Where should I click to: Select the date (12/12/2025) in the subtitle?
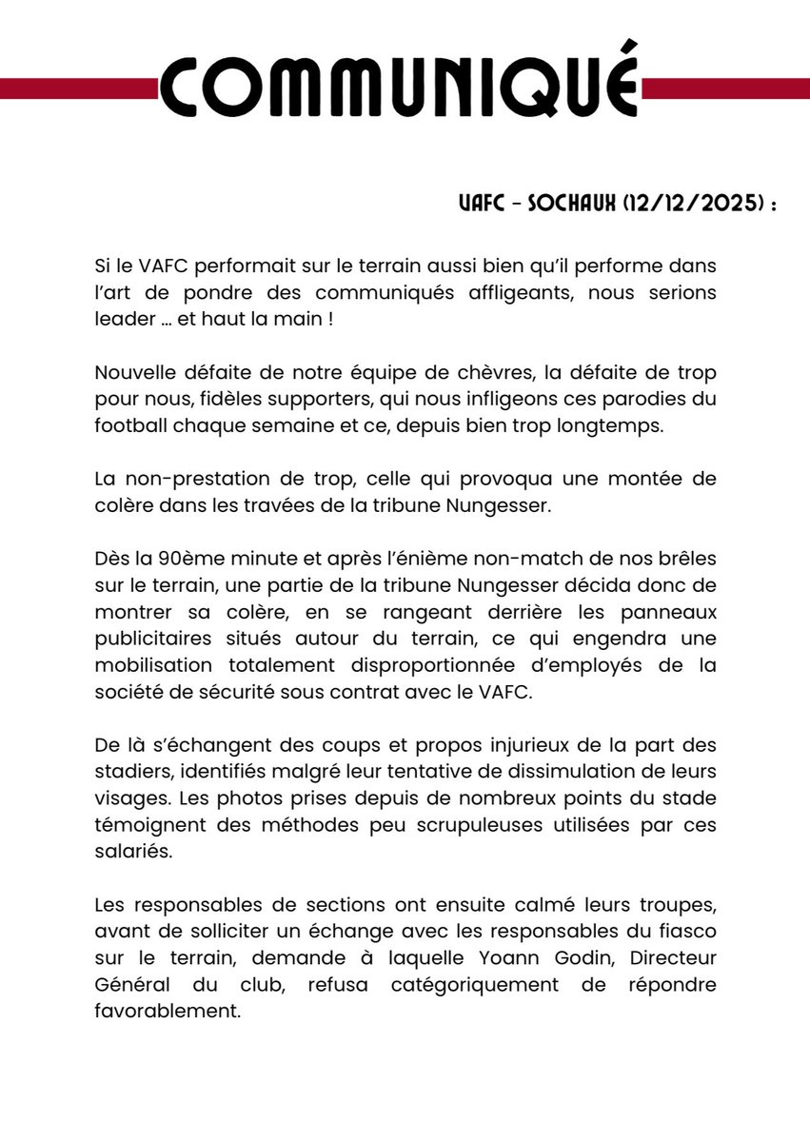[688, 207]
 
